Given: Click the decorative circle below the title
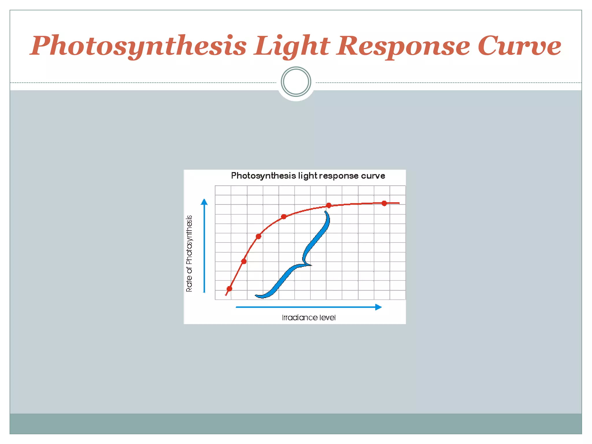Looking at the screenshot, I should [296, 82].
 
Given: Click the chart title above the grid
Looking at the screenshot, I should [308, 176].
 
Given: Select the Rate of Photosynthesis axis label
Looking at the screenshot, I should [189, 254].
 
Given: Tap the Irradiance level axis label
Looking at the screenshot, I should [309, 318].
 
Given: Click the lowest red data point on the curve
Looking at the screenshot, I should [229, 288].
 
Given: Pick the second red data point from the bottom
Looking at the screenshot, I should [244, 261].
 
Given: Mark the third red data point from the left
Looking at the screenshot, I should [258, 236].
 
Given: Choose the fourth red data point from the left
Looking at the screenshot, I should [284, 217].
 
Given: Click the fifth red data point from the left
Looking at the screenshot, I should [329, 206].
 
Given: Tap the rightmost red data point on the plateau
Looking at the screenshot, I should [384, 203].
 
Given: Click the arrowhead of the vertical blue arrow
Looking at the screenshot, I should [204, 202].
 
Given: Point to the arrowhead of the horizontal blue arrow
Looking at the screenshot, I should [378, 307].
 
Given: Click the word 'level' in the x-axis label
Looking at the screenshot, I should [328, 318].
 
